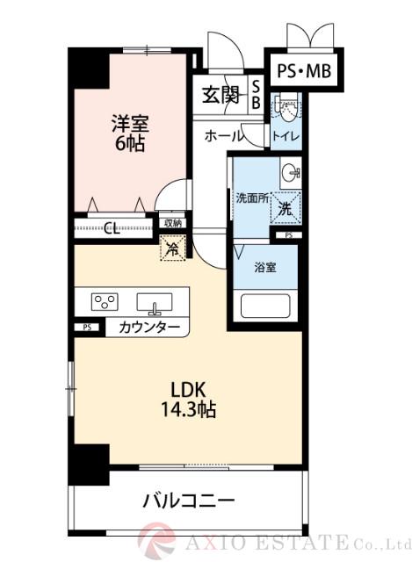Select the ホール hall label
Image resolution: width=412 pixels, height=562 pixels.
pos(224,136)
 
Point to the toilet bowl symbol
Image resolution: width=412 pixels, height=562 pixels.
pos(286,109)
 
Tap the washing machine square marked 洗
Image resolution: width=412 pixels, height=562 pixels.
pos(286,208)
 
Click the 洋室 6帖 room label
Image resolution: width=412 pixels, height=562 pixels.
pos(127,132)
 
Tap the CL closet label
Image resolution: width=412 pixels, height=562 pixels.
pos(112,230)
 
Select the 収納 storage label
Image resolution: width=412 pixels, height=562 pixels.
pos(172,224)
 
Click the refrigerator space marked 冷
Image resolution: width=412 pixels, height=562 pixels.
pos(172,249)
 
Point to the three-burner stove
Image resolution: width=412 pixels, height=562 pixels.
pos(105,302)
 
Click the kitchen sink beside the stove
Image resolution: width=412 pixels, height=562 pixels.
pos(156,302)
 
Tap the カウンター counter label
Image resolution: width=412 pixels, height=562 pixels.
pos(148,328)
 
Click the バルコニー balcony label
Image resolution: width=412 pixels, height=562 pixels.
pos(188,502)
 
